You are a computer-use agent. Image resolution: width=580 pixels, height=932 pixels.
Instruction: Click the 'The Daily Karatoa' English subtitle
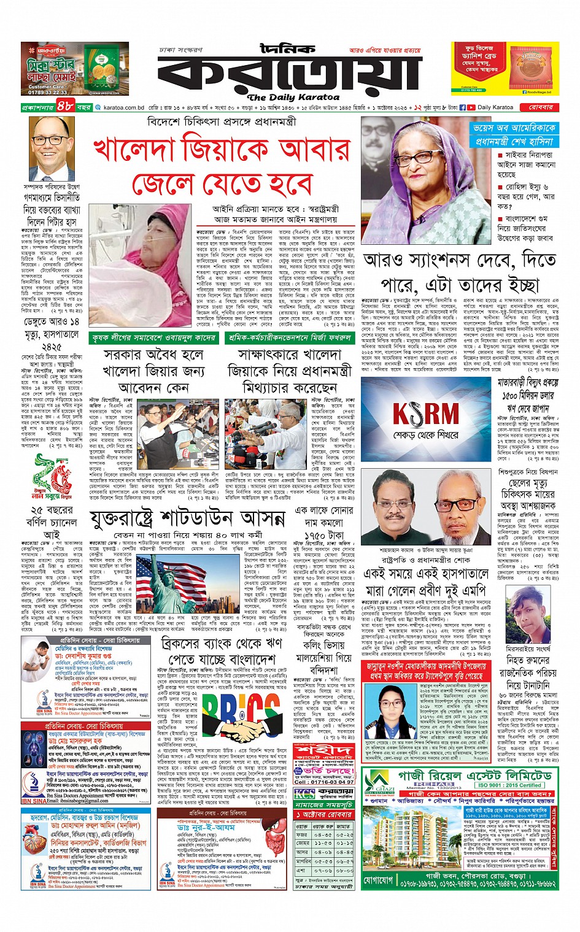[x=293, y=97]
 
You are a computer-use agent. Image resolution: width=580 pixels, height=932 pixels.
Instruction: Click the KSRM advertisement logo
[x=426, y=414]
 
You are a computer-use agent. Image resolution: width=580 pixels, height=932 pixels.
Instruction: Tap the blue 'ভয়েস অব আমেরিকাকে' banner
[x=515, y=128]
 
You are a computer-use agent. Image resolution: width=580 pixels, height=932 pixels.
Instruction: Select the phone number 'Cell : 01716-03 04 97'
[x=323, y=782]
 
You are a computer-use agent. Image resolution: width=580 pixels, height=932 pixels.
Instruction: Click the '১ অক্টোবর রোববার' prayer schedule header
[x=323, y=814]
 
